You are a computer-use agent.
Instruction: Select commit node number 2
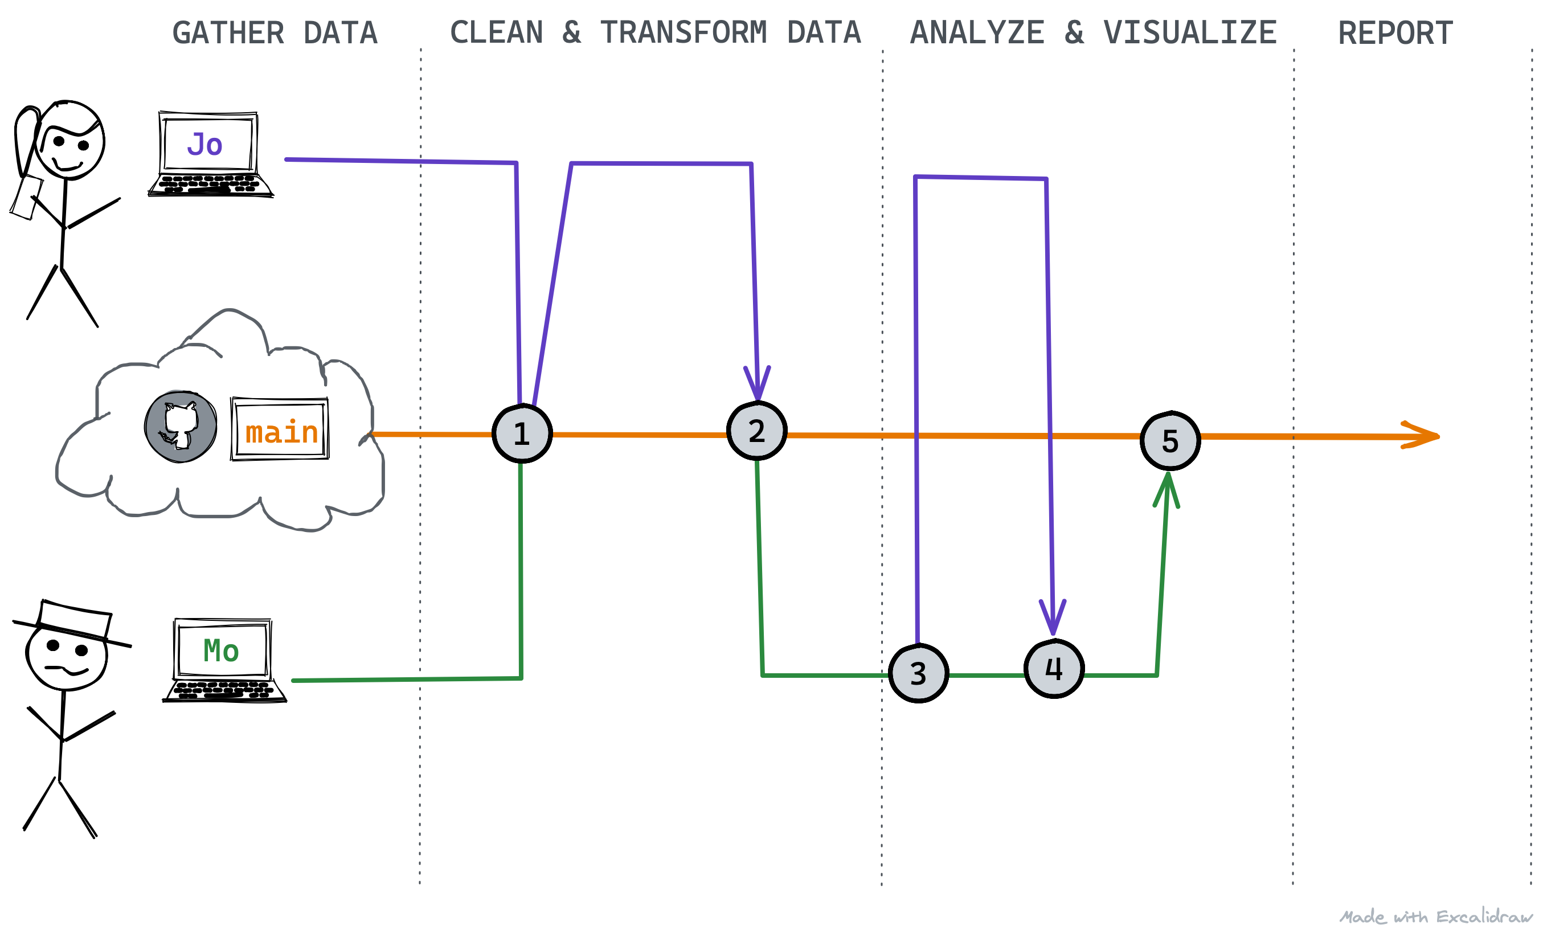tap(757, 431)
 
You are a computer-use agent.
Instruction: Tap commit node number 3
tap(918, 674)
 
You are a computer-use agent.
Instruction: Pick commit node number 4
tap(1054, 669)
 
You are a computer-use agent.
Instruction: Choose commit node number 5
tap(1170, 441)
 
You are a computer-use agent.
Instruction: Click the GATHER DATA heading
tap(275, 32)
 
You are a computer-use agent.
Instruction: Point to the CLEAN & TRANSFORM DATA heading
tap(656, 32)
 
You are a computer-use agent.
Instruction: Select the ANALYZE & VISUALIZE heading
tap(1093, 32)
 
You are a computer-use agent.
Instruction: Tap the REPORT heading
tap(1395, 33)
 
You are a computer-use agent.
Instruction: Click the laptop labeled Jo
tap(210, 154)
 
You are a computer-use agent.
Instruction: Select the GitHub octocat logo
tap(181, 427)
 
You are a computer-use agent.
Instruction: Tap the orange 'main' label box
tap(280, 429)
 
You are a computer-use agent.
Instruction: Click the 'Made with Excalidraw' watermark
tap(1436, 917)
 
